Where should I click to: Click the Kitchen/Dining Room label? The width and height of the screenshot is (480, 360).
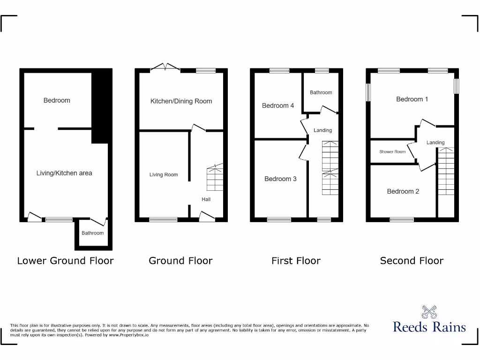(181, 101)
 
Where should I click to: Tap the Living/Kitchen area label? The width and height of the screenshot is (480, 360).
(64, 173)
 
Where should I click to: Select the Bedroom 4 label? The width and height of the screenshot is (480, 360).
(278, 105)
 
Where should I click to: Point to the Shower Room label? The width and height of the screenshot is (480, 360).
(392, 152)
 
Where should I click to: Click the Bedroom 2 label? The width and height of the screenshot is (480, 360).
(403, 191)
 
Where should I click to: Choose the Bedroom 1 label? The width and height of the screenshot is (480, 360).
(412, 99)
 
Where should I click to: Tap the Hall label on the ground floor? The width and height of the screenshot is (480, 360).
(206, 199)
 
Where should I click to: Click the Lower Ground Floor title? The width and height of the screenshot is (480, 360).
(65, 261)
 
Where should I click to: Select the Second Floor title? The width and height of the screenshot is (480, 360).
(412, 261)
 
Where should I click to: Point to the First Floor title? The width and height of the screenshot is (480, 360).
(296, 261)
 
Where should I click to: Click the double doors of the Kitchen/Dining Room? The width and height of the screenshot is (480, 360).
(165, 68)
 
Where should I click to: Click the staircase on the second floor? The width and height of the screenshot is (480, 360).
(446, 171)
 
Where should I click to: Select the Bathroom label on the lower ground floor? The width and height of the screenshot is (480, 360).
(92, 233)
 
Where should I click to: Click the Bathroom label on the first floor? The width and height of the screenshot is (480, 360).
(321, 92)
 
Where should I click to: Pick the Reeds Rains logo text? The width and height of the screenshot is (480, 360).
(429, 327)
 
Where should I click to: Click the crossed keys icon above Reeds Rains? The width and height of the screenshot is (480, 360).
(429, 312)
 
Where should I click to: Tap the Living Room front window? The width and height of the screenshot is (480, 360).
(163, 219)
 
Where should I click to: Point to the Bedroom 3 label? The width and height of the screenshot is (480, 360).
(280, 179)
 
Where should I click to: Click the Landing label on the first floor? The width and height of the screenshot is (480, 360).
(322, 130)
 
